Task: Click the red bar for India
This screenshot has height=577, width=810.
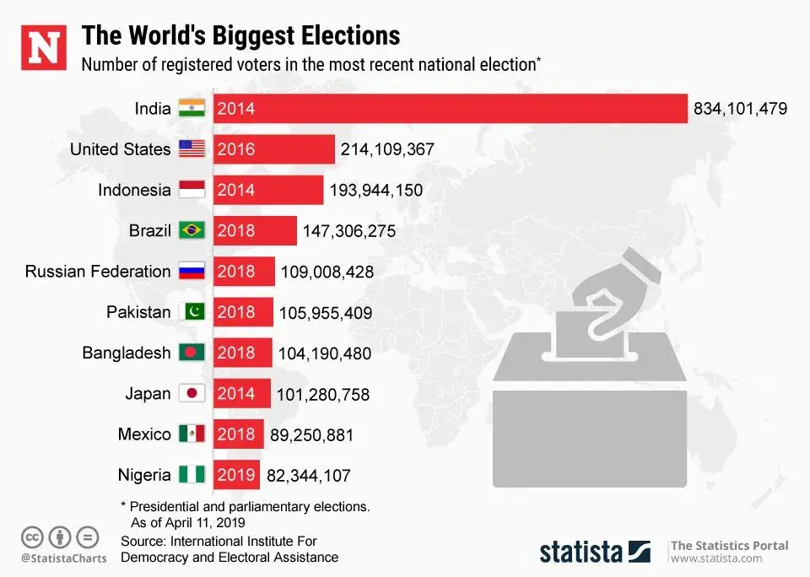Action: (451, 109)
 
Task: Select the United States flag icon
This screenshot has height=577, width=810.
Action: (192, 149)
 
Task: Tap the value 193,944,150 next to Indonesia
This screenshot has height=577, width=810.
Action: (375, 191)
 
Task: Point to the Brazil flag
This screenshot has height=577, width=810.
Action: (192, 230)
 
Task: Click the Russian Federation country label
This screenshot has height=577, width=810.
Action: (98, 272)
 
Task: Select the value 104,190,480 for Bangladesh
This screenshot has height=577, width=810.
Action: (324, 353)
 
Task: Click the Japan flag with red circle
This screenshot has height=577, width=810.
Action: (192, 394)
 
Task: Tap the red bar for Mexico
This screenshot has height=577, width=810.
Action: (238, 434)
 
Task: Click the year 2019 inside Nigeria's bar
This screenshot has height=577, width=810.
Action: (235, 476)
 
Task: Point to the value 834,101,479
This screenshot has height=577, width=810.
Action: (740, 109)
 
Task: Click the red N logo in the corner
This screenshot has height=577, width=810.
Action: (43, 47)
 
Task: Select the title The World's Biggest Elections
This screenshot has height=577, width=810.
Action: (240, 35)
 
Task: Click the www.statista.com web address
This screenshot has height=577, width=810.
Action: (717, 559)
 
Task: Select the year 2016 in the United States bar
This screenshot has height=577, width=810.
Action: (235, 150)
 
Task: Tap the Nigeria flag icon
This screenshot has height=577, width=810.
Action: (192, 476)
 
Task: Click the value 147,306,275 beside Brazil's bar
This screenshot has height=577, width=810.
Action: (349, 231)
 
